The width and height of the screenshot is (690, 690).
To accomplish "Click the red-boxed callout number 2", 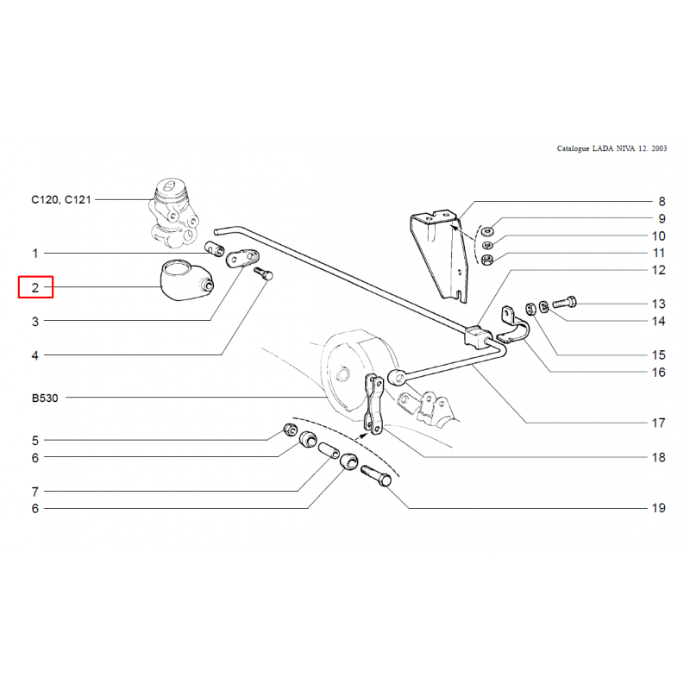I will pyautogui.click(x=35, y=287).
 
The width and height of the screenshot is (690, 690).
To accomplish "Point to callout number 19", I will pyautogui.click(x=658, y=508).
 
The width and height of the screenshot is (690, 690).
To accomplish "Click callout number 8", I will pyautogui.click(x=662, y=199).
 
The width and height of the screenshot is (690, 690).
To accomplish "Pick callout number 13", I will pyautogui.click(x=658, y=304).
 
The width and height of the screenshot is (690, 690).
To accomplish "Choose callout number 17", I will pyautogui.click(x=658, y=423).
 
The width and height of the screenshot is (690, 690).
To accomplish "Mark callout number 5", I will pyautogui.click(x=35, y=440).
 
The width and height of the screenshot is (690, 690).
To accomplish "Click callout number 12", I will pyautogui.click(x=658, y=270).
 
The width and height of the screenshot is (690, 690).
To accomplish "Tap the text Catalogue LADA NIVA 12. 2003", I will pyautogui.click(x=612, y=148).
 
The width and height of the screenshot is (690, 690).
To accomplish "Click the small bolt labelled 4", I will pyautogui.click(x=264, y=276).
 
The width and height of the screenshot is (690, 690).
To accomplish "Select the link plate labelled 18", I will pyautogui.click(x=376, y=404).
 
